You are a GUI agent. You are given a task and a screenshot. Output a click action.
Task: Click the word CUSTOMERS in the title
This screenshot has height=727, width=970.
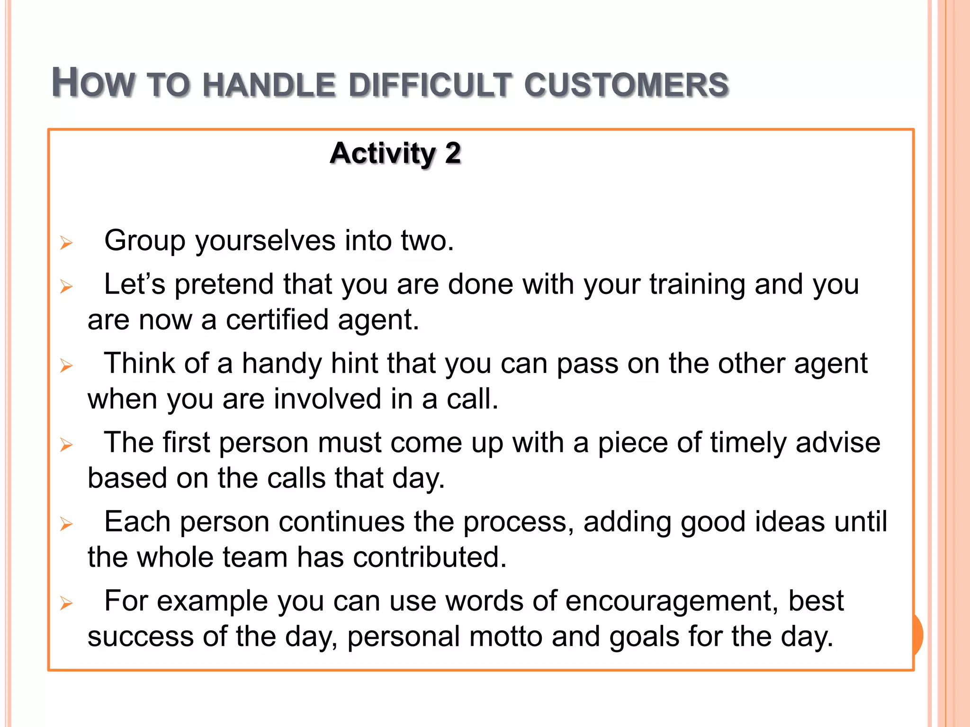[x=626, y=85]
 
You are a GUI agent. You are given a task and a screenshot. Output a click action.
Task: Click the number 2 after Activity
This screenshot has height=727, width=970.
[x=453, y=153]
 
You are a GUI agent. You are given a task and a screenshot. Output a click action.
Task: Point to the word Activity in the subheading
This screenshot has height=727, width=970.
[x=383, y=153]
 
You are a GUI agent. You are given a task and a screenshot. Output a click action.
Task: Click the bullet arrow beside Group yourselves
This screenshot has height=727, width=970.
[x=66, y=243]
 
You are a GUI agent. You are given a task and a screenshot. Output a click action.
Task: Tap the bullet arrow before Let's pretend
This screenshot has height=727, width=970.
[x=66, y=287]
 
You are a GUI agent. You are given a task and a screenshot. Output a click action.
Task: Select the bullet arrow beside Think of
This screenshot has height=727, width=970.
[x=66, y=366]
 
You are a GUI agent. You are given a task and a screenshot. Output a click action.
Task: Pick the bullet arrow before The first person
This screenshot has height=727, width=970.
[x=66, y=445]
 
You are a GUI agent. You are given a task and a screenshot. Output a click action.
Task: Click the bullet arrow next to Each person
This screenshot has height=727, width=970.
[x=66, y=524]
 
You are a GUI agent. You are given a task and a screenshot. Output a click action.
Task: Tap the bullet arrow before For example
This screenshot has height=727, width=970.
[x=66, y=603]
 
